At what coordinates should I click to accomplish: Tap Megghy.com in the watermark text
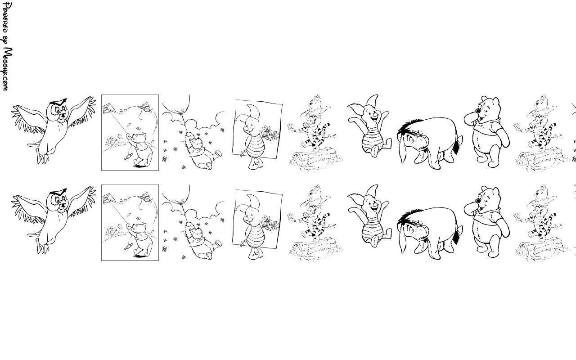[x=7, y=69]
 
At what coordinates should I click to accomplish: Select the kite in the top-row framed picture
[x=109, y=109]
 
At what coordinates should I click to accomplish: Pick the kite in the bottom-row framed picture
[x=109, y=199]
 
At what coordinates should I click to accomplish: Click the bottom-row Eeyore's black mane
[x=409, y=216]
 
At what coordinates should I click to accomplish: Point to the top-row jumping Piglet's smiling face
[x=373, y=116]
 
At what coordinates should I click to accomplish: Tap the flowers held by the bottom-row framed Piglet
[x=270, y=223]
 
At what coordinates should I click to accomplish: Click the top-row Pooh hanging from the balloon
[x=201, y=150]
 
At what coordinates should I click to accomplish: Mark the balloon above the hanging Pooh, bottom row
[x=176, y=193]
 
